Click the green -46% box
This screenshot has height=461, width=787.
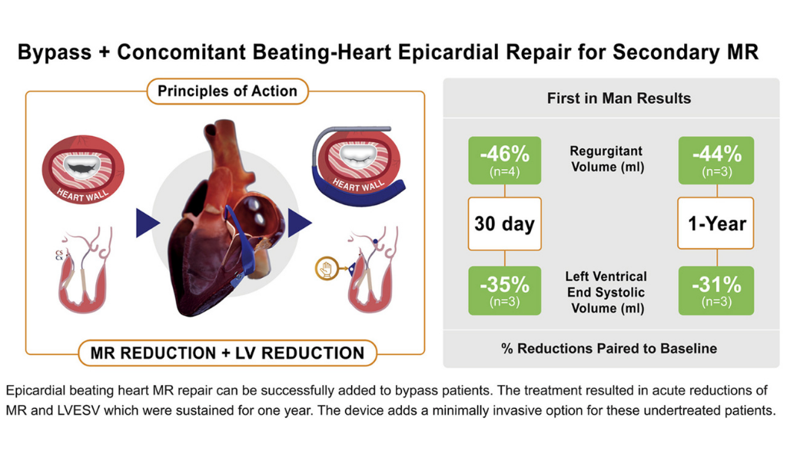504,160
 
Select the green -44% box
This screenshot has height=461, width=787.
716,160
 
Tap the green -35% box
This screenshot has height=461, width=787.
504,290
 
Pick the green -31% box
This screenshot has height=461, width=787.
716,290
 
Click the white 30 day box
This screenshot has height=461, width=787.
504,224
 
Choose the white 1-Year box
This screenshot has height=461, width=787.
716,224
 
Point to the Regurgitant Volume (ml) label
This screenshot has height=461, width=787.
607,158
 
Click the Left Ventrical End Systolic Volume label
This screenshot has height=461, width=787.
606,292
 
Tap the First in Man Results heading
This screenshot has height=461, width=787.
619,98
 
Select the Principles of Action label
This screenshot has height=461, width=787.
227,91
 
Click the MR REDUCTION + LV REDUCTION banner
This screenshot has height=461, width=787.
227,353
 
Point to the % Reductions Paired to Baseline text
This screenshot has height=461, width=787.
609,348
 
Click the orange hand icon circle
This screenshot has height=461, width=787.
327,268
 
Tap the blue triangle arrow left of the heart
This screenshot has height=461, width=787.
147,224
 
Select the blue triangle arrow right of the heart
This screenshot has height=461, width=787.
299,224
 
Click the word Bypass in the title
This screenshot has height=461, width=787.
55,52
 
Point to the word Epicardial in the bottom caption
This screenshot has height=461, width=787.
35,390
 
